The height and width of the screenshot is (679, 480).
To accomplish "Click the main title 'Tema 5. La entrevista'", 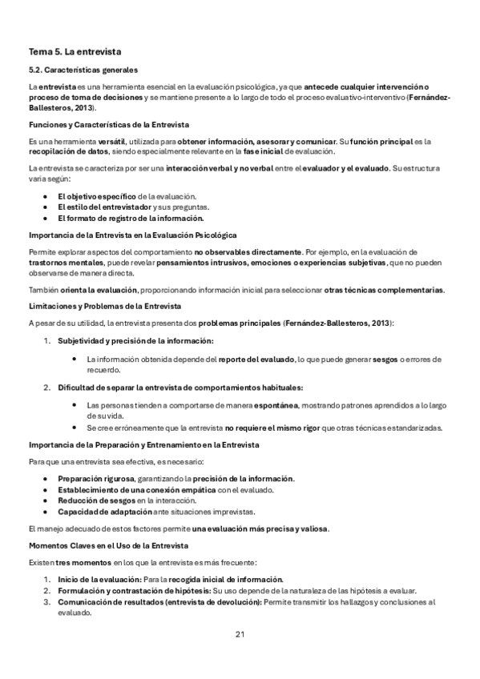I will click(74, 51).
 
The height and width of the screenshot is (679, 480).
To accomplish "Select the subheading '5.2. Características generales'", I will click(83, 70).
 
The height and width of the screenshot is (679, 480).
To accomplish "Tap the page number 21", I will click(240, 634).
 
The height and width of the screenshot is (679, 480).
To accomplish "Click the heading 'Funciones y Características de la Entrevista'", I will click(108, 124).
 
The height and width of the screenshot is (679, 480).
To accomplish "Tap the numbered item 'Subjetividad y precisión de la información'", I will click(133, 340).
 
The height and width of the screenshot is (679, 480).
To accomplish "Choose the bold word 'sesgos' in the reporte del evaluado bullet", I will click(387, 358).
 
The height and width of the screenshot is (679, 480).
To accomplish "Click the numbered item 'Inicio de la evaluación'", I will click(99, 580).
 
